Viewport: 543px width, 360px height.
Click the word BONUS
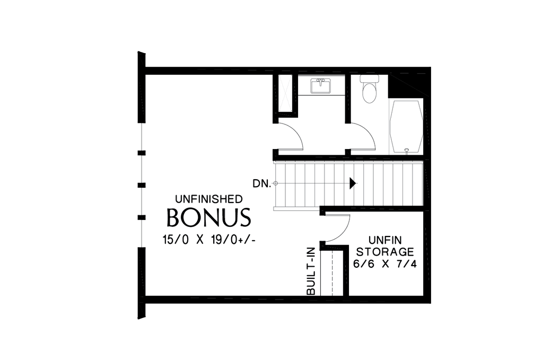coord(208,217)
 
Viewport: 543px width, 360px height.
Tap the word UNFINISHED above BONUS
coord(209,199)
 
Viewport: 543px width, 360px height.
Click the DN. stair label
coord(261,183)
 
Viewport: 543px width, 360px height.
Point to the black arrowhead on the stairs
coord(353,183)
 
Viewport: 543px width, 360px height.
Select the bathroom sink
coord(320,85)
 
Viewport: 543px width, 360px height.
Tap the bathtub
coord(406,126)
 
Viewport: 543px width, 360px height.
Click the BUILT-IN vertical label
coord(311,271)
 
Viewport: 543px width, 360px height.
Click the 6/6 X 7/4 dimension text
coord(385,263)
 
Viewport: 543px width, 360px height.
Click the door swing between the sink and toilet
coord(363,137)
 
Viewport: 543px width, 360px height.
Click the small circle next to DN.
coord(275,183)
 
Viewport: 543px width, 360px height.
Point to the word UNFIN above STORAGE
coord(385,239)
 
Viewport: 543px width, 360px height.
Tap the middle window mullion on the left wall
coord(142,185)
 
